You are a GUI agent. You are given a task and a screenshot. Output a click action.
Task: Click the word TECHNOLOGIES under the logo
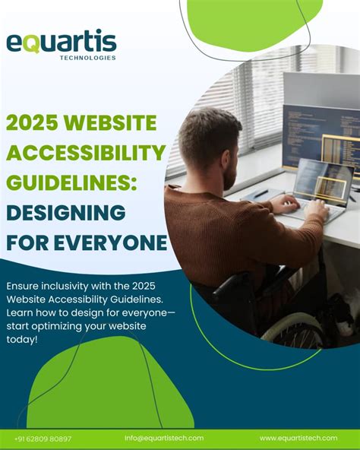(x=87, y=58)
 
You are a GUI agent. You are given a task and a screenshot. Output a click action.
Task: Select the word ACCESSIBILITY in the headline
(x=87, y=153)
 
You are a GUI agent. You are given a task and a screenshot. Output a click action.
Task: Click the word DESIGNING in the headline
(x=66, y=212)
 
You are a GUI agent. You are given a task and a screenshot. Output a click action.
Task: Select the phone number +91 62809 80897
(x=43, y=439)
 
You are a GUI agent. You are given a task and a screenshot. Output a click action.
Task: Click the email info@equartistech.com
(x=164, y=438)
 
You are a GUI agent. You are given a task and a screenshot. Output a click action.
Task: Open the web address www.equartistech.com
(x=298, y=438)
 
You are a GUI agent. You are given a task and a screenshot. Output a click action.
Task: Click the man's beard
(x=229, y=176)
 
